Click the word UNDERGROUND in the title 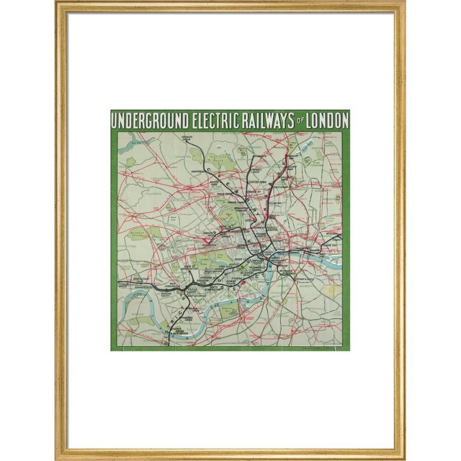click(x=150, y=121)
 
